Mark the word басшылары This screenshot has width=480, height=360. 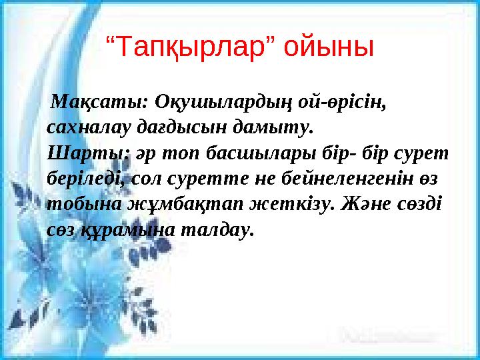coord(257,152)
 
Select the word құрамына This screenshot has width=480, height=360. coord(127,229)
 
